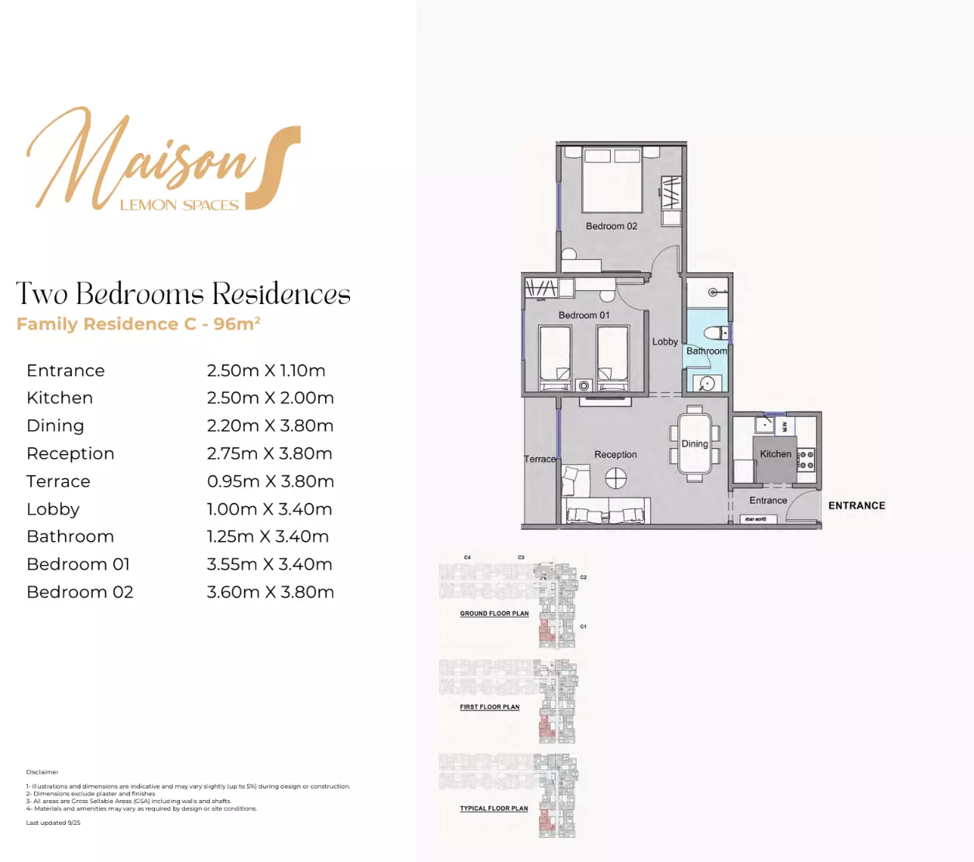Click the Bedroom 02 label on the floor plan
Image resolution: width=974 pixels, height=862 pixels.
coord(611,226)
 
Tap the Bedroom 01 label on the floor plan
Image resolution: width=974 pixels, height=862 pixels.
coord(584,315)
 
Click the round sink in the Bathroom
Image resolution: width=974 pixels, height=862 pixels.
coord(706,382)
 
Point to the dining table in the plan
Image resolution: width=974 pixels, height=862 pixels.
coord(694,443)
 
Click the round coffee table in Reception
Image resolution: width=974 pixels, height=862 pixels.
coord(616,479)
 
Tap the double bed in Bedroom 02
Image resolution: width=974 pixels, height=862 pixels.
coord(612,181)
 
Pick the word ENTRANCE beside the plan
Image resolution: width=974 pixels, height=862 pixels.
coord(856,505)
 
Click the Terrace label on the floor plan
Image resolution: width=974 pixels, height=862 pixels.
coord(540,459)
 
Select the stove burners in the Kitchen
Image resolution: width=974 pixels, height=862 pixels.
coord(806,460)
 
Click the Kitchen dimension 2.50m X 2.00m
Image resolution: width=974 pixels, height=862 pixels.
coord(270,398)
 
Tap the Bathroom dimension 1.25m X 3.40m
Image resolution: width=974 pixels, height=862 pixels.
coord(268,536)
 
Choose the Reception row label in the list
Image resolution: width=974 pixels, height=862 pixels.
coord(70,453)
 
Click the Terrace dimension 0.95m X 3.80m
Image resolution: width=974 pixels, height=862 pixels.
coord(270,481)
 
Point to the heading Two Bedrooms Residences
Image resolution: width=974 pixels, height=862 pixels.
coord(183,294)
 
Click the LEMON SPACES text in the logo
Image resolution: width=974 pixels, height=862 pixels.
coord(179,205)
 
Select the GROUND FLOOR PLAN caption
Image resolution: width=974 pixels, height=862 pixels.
coord(494,614)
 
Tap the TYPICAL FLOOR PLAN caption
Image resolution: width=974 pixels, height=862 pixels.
coord(494,809)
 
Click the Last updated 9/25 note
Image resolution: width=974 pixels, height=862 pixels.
coord(53,823)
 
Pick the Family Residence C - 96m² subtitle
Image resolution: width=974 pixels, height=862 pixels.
coord(139,323)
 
